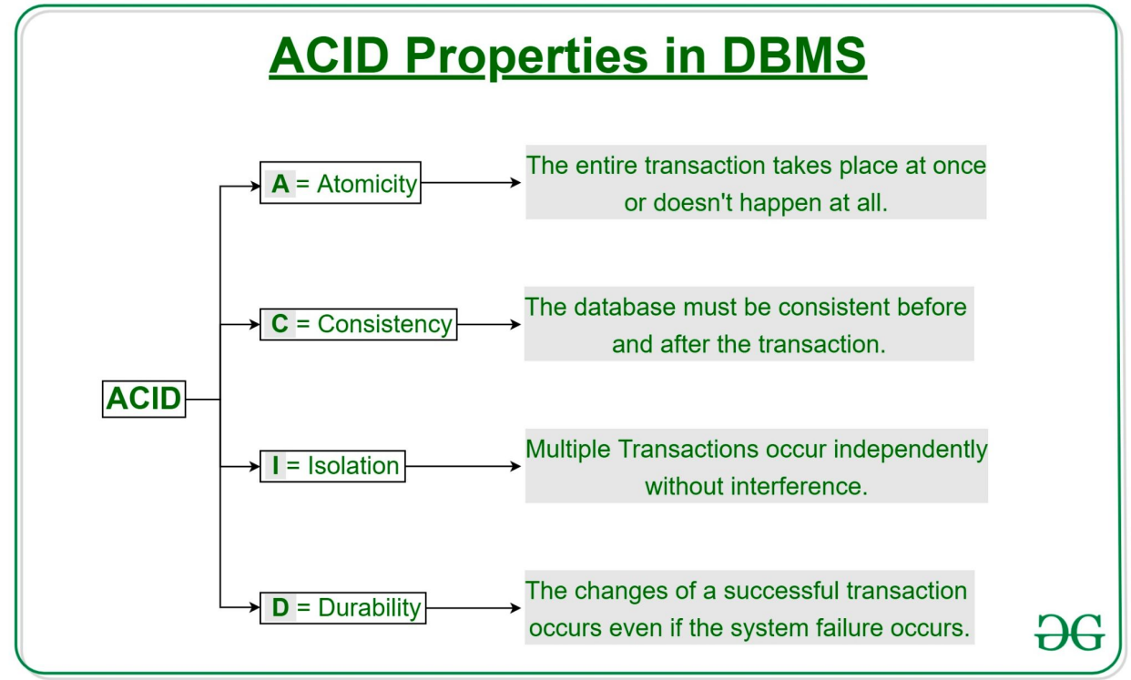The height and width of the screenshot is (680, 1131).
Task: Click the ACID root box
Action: pyautogui.click(x=144, y=399)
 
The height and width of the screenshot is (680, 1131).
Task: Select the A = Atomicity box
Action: pyautogui.click(x=341, y=183)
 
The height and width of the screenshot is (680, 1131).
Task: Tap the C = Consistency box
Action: pyautogui.click(x=359, y=324)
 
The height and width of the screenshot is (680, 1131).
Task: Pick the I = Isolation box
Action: pyautogui.click(x=332, y=466)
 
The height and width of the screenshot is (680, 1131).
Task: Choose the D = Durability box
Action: pyautogui.click(x=342, y=608)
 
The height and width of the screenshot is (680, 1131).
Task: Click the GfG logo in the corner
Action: pyautogui.click(x=1069, y=632)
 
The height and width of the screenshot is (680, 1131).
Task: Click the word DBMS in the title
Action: pyautogui.click(x=794, y=56)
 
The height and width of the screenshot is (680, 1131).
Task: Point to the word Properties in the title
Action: pyautogui.click(x=526, y=56)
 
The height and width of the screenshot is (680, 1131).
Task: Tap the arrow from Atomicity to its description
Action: pyautogui.click(x=471, y=183)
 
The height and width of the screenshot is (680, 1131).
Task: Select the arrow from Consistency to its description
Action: pyautogui.click(x=489, y=324)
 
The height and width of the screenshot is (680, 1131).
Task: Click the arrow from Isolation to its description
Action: pyautogui.click(x=463, y=466)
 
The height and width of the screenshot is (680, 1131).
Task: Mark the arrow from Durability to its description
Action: pyautogui.click(x=474, y=608)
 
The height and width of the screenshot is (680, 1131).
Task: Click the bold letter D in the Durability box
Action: pyautogui.click(x=280, y=607)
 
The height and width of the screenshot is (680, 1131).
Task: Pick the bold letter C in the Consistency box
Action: pyautogui.click(x=280, y=323)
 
